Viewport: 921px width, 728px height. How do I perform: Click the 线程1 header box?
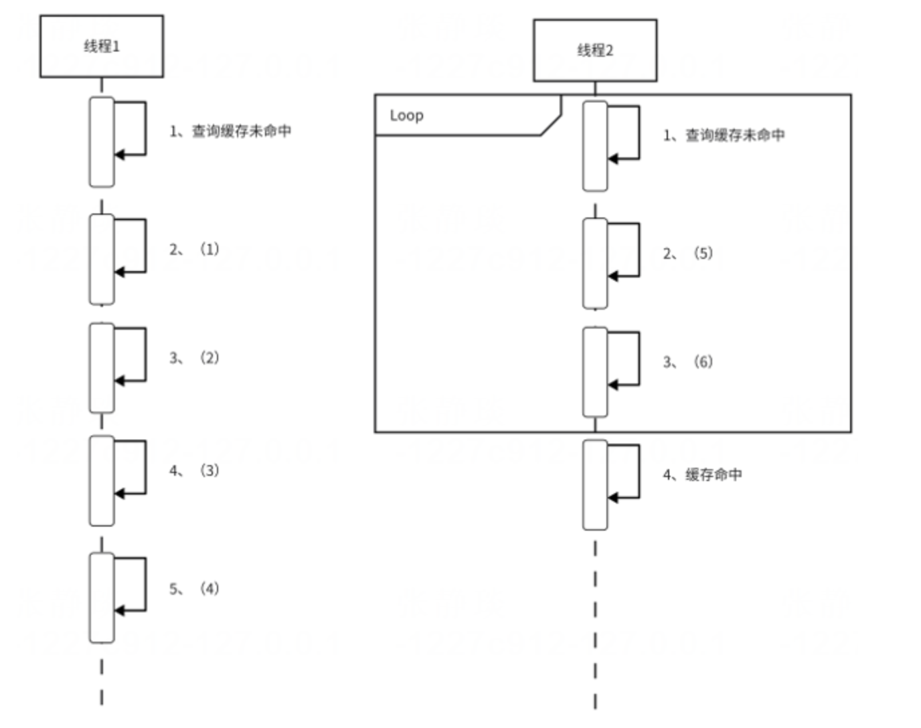point(101,46)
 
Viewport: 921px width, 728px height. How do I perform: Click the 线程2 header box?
point(594,50)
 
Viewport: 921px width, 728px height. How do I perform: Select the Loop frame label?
point(406,115)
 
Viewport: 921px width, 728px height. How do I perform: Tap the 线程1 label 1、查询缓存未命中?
point(230,131)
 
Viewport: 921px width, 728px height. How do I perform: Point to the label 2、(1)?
point(194,250)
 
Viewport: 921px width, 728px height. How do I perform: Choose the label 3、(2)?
point(194,358)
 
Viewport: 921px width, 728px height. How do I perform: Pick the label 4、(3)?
point(194,471)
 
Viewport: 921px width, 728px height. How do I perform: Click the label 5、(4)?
point(194,589)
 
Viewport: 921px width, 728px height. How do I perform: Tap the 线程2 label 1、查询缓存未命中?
point(724,135)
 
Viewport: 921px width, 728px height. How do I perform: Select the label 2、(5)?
point(687,254)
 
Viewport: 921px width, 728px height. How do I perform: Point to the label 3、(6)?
point(687,362)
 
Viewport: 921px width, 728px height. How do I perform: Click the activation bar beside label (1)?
point(102,259)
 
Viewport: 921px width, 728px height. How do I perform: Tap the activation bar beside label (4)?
point(102,598)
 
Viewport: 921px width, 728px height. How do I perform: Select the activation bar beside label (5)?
point(595,263)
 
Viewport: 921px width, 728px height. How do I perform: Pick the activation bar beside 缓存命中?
point(595,484)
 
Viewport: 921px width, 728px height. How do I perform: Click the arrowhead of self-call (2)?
point(119,381)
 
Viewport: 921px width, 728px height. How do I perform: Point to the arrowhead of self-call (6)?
point(612,385)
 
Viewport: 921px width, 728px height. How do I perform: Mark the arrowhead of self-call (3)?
point(119,494)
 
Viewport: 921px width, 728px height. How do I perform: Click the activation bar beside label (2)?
point(102,367)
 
